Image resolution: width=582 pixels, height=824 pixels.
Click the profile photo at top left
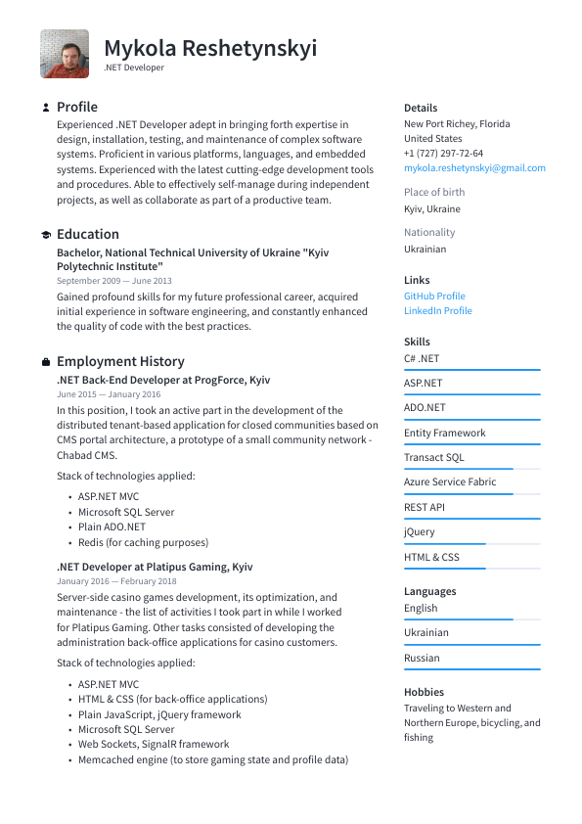(65, 54)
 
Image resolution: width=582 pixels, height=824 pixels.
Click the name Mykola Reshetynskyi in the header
(210, 48)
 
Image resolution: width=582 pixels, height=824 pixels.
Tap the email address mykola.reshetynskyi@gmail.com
(474, 168)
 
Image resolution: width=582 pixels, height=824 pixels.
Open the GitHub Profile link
(434, 296)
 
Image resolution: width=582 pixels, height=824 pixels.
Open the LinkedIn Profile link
(437, 311)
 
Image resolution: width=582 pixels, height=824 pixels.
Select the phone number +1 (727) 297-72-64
(443, 154)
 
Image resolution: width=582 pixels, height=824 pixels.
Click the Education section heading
(88, 234)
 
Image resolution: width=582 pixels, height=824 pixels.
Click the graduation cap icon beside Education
(46, 235)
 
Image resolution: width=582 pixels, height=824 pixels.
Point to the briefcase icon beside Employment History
(46, 362)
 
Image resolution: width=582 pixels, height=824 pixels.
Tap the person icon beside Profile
(46, 108)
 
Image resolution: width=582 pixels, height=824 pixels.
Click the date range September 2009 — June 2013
(113, 281)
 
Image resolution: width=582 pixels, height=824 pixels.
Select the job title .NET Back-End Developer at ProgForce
(163, 380)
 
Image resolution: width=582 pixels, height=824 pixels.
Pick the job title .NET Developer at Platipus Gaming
(155, 567)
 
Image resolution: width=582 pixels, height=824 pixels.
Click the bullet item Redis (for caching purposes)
(143, 542)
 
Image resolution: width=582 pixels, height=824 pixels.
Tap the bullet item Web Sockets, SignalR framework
(154, 744)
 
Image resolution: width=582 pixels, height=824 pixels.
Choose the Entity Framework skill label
(444, 433)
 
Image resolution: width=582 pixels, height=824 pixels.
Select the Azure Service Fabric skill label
(449, 481)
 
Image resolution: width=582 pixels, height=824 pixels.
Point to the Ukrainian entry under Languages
(426, 632)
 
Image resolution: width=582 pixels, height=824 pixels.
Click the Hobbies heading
(424, 692)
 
